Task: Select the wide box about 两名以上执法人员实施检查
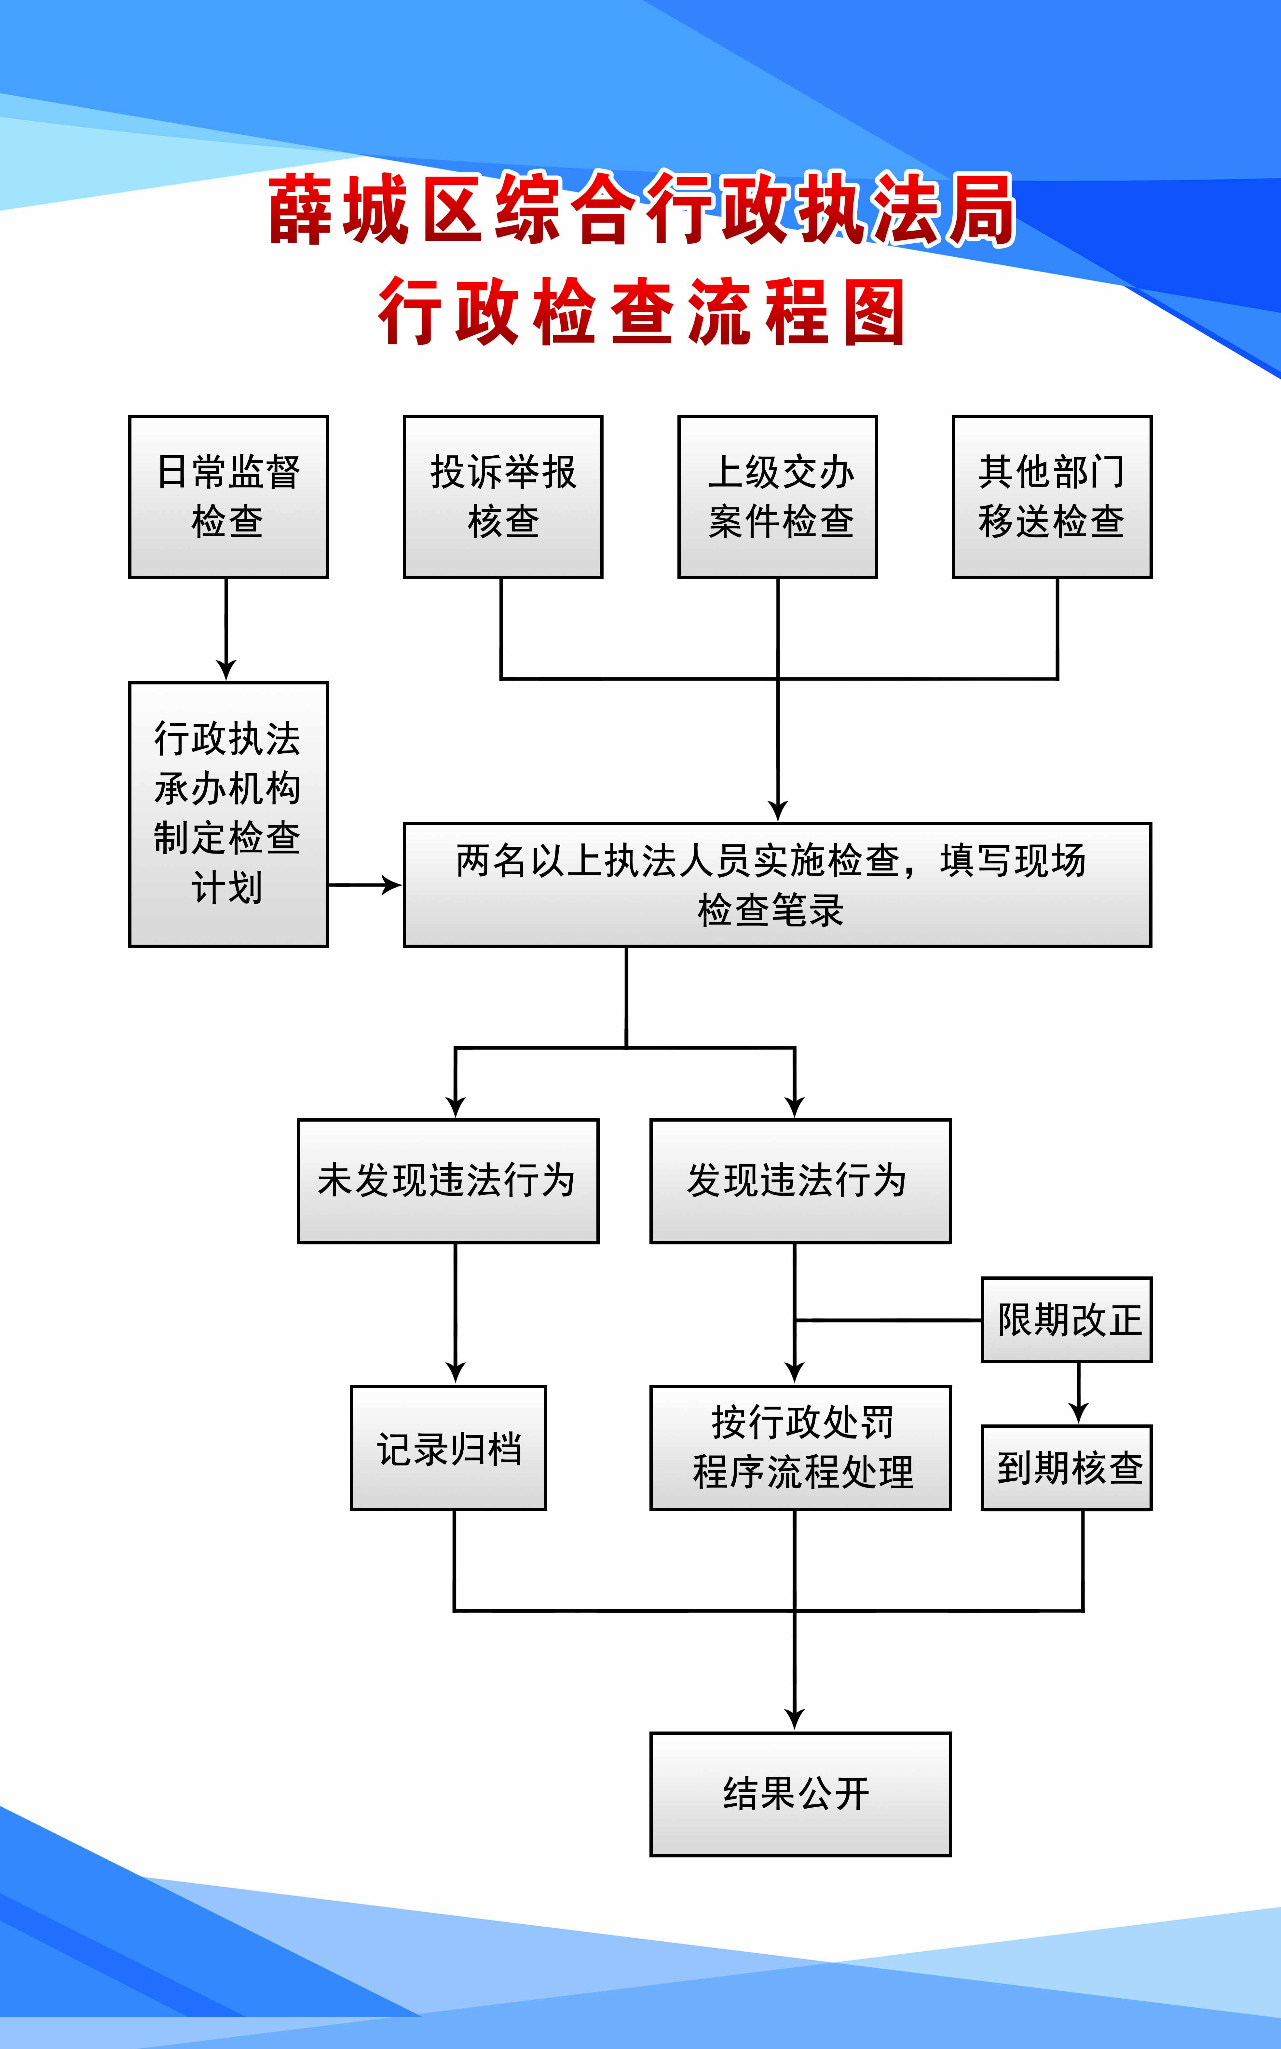tap(777, 884)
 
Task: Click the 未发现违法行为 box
tap(448, 1181)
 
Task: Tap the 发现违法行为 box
tap(800, 1181)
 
